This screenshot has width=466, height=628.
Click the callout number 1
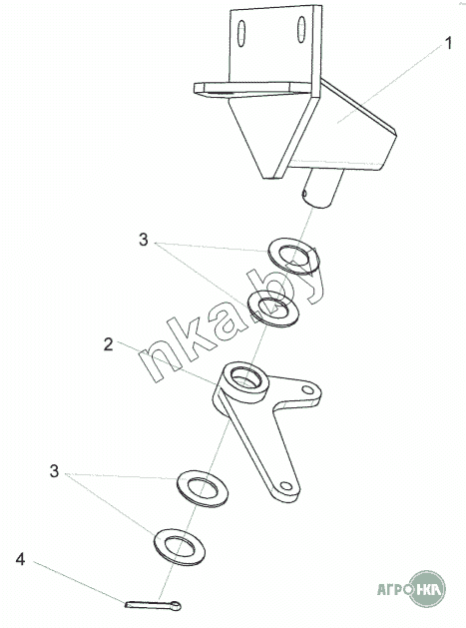coord(448,43)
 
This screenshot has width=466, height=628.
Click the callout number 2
coord(108,344)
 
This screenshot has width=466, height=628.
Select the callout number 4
coord(20,559)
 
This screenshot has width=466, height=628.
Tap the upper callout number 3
coord(143,240)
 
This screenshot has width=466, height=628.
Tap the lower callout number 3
coord(54,471)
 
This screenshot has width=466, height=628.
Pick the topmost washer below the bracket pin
coord(293,257)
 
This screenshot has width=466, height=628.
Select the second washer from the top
coord(272,309)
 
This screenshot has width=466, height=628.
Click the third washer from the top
coord(203,489)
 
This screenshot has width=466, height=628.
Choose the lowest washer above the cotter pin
coord(180,547)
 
